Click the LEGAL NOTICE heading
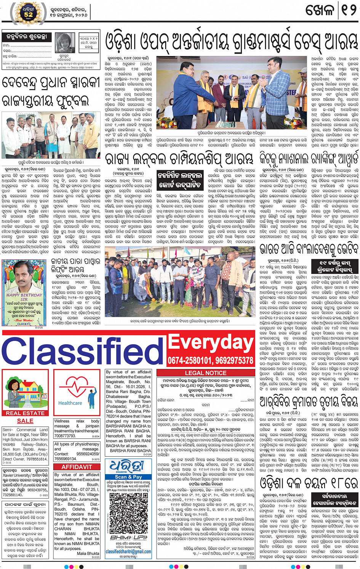click(x=205, y=373)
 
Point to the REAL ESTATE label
click(x=25, y=413)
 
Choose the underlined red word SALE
click(x=25, y=421)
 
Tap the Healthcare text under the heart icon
click(x=70, y=403)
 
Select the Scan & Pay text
click(x=128, y=476)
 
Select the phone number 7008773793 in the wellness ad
click(x=65, y=436)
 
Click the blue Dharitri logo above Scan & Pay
click(x=128, y=466)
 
